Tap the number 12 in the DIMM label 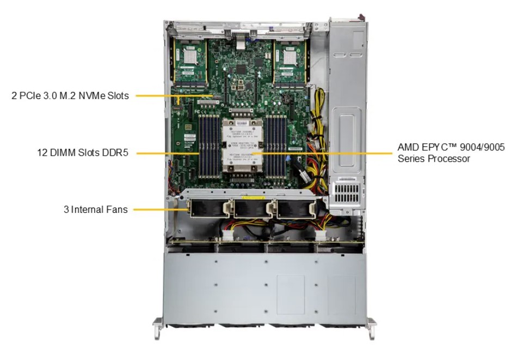(x=42, y=153)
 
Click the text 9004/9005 (x=482, y=147)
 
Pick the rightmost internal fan (x=294, y=209)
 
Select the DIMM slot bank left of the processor (x=209, y=146)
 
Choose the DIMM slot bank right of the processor (x=276, y=146)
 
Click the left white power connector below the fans (x=227, y=236)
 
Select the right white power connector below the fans (x=320, y=236)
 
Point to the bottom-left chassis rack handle (x=157, y=328)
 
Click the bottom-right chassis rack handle (x=371, y=328)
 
